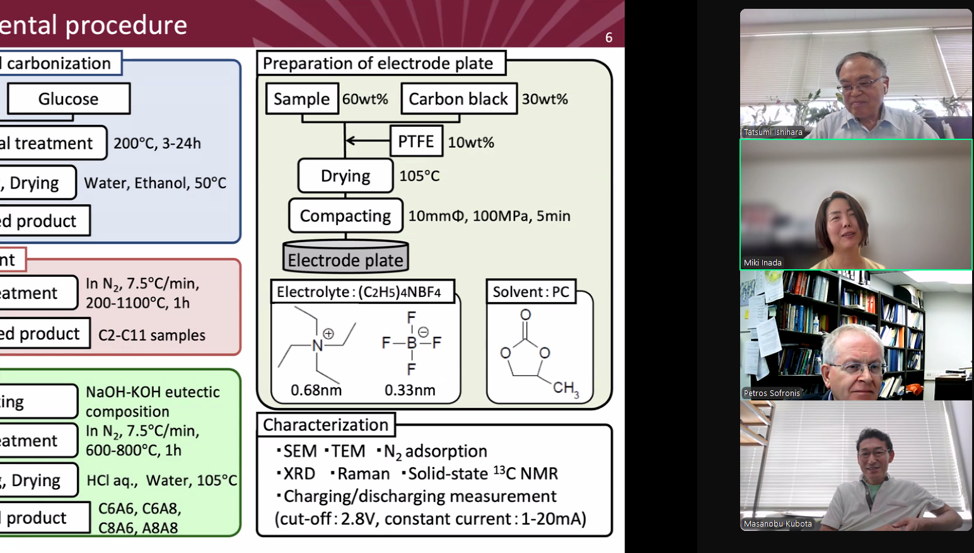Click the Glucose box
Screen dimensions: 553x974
[68, 99]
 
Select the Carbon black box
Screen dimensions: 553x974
[458, 99]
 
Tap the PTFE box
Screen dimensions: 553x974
[416, 141]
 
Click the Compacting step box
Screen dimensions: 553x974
[345, 216]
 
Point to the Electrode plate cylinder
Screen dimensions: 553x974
[345, 257]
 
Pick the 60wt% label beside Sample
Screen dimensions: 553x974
[365, 99]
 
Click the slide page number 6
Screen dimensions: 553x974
[608, 38]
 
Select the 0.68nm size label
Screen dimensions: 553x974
[316, 390]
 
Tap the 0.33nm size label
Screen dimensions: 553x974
[410, 390]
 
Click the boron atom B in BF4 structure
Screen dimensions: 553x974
[412, 343]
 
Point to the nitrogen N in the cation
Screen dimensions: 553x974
[317, 345]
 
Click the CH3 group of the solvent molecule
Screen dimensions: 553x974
[565, 388]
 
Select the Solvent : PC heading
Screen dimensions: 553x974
[531, 292]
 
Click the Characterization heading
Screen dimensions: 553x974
[325, 425]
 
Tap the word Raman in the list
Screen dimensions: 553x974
[363, 474]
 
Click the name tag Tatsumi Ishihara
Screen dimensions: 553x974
[773, 132]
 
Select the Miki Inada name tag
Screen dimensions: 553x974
[763, 263]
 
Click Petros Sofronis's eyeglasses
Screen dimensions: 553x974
[858, 368]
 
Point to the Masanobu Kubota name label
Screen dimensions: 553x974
[778, 524]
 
